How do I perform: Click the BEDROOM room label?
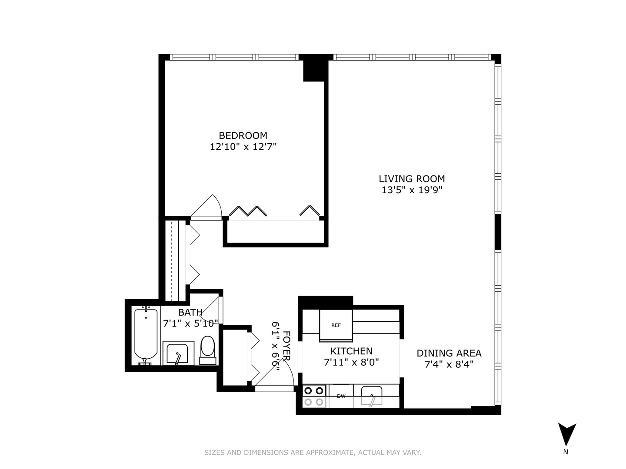(243, 135)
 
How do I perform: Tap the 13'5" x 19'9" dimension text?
(412, 190)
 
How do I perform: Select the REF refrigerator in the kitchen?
(336, 326)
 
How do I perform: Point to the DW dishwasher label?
(341, 396)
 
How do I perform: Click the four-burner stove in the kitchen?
(314, 396)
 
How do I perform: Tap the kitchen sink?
(372, 396)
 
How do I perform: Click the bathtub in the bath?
(146, 336)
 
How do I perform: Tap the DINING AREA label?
(449, 353)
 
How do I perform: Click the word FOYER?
(286, 346)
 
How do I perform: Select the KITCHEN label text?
(351, 351)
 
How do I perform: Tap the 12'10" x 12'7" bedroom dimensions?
(243, 147)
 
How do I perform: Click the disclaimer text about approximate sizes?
(313, 452)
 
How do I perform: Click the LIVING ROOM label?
(412, 178)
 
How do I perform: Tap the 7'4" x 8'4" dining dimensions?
(449, 364)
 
